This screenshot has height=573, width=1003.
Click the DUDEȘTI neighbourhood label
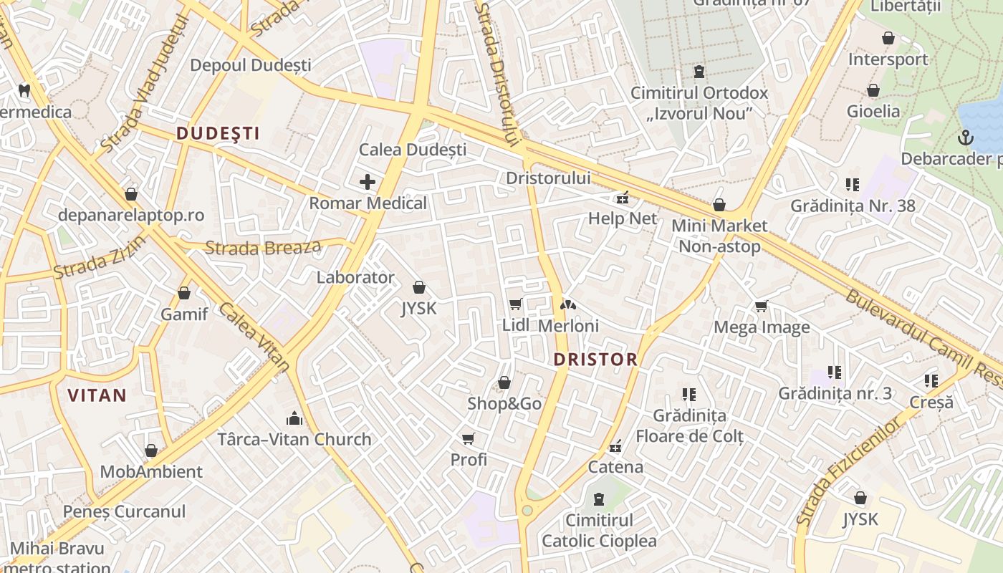point(218,133)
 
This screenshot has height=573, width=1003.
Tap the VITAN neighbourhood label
point(97,395)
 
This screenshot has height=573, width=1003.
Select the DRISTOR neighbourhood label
point(595,360)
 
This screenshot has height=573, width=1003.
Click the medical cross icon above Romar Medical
point(368,181)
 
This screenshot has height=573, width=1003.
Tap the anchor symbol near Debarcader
point(966,136)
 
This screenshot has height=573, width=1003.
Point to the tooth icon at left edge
point(24,91)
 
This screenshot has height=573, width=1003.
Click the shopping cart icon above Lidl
point(515,304)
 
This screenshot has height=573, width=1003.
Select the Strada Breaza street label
point(263,248)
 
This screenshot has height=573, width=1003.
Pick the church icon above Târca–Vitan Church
point(294,418)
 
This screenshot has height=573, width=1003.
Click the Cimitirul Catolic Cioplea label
point(599,530)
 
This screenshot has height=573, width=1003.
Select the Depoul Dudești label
point(250,65)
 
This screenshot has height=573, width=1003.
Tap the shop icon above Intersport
point(888,38)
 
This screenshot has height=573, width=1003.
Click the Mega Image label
point(762,327)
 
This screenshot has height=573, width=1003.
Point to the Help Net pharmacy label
point(622,218)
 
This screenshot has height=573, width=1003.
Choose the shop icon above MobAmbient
point(151,451)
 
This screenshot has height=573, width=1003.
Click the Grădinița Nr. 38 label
point(853,206)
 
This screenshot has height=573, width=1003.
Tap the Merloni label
point(568,325)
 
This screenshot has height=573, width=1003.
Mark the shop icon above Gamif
point(184,293)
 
